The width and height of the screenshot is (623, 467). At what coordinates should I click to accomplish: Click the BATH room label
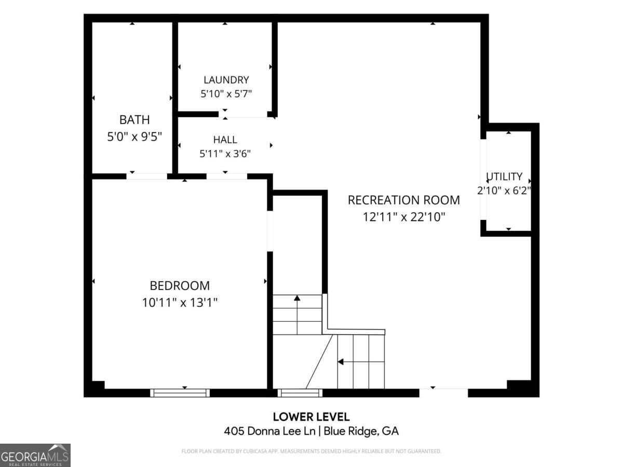(x=134, y=120)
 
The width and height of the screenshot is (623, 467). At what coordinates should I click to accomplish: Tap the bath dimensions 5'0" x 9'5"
(x=134, y=136)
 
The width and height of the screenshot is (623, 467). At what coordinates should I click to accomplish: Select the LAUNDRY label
(x=226, y=80)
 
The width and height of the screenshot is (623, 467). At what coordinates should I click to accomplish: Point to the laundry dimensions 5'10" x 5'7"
(x=226, y=93)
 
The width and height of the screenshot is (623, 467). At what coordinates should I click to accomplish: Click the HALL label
(x=225, y=140)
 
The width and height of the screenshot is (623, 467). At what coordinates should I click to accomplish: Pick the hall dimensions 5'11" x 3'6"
(x=225, y=154)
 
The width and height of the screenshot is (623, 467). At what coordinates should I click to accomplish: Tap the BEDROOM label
(x=180, y=285)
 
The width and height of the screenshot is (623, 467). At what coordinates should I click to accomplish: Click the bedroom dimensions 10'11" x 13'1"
(x=180, y=303)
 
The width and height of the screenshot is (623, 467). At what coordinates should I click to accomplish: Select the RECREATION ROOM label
(x=403, y=200)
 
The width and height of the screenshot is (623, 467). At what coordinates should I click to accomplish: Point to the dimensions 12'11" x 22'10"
(x=403, y=217)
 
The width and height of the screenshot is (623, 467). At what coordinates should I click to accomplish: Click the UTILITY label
(x=504, y=176)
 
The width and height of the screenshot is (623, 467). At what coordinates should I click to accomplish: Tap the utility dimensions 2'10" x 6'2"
(x=504, y=190)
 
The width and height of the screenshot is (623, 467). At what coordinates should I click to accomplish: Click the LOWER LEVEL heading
(x=311, y=417)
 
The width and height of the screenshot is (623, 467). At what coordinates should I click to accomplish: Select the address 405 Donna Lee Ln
(x=269, y=431)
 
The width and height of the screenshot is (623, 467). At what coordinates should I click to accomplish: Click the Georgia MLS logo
(x=35, y=455)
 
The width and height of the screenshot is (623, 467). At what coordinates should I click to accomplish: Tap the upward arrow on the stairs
(x=297, y=314)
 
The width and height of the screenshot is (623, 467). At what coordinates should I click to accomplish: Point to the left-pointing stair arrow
(x=361, y=362)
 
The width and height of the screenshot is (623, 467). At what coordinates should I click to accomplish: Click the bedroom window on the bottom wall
(x=180, y=393)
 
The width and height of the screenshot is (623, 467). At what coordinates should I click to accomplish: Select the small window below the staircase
(x=300, y=393)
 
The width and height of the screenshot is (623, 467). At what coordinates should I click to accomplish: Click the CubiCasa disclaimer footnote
(x=311, y=451)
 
